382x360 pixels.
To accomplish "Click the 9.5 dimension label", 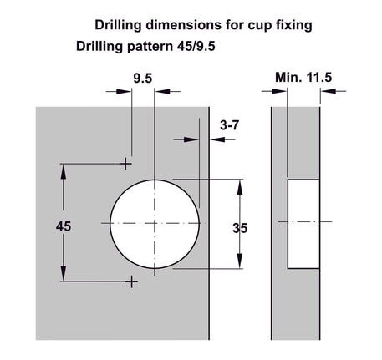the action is pos(143,79).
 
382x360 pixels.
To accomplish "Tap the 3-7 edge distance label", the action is pos(229,125).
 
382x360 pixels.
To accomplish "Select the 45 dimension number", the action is pos(64,226).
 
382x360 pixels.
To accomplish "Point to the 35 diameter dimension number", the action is pos(240,228).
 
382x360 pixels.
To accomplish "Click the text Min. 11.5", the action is pos(303,77).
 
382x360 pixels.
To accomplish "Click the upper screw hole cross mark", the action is pos(125,164).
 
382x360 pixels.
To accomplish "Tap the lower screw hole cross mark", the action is pos(132,282).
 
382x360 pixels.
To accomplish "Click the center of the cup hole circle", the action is pos(155,224).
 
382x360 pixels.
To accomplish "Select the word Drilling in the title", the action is pos(118,25).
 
